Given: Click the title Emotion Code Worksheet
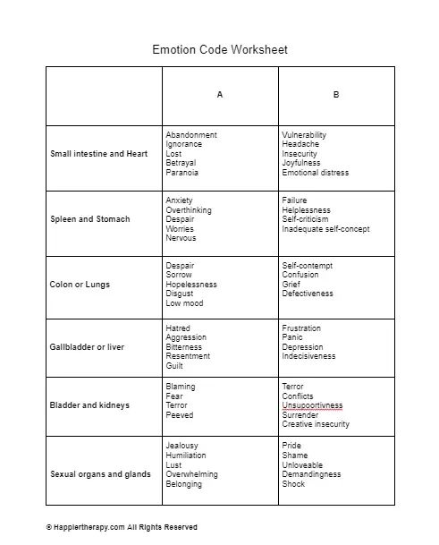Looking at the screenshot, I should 219,49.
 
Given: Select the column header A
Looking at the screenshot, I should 220,95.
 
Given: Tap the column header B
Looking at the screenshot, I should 336,95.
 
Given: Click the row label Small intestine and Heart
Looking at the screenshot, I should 99,154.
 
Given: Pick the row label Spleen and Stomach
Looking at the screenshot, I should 89,219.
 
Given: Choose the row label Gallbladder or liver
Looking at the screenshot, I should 88,347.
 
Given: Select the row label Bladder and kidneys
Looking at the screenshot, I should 89,405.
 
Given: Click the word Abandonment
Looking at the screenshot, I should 191,135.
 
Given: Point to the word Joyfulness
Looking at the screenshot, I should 301,164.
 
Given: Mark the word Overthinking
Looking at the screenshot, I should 189,210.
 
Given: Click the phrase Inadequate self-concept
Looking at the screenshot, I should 325,229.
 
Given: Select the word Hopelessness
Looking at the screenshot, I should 191,285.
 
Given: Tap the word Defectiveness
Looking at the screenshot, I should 308,294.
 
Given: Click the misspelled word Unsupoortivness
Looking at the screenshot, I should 312,405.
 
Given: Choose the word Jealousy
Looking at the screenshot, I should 182,446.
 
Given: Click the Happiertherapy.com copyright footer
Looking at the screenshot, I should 122,527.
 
